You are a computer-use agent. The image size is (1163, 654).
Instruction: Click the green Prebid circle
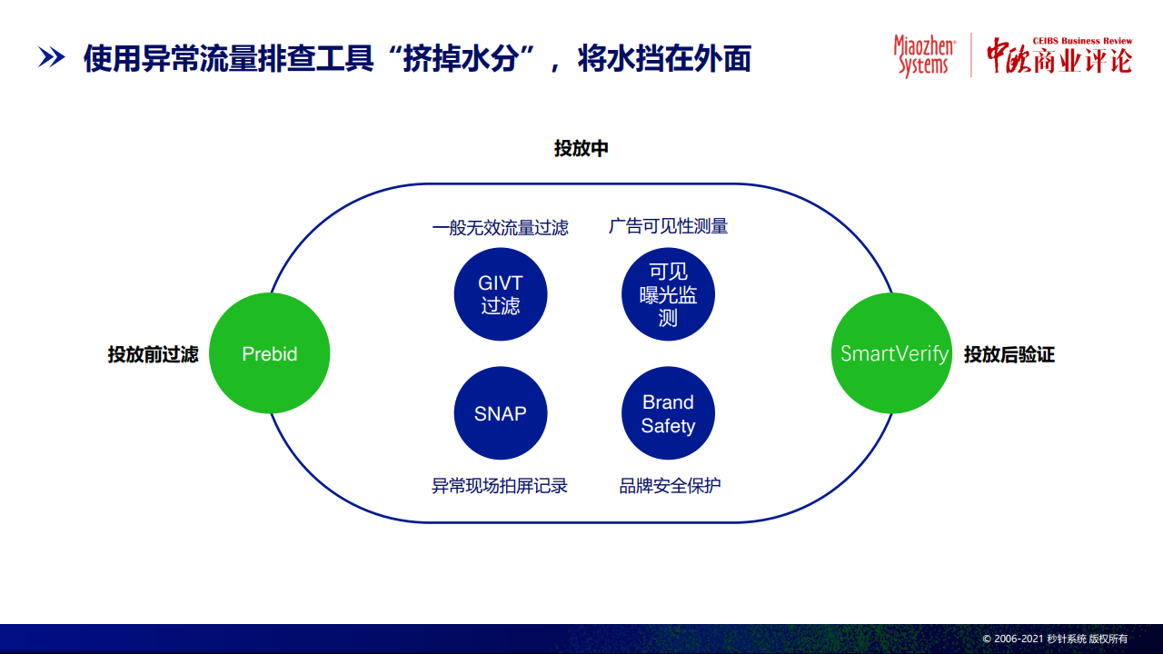(x=270, y=353)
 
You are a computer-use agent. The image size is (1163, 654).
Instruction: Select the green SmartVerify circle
(x=892, y=353)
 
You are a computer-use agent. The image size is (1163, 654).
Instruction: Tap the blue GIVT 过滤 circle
(x=501, y=294)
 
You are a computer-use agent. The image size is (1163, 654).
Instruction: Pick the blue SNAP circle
(x=501, y=413)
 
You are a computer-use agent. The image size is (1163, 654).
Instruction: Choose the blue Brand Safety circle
(x=668, y=413)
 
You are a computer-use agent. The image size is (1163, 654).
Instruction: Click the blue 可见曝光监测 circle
(x=668, y=294)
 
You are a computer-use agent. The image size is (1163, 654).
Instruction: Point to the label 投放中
(x=581, y=148)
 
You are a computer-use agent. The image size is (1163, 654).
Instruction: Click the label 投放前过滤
(x=154, y=354)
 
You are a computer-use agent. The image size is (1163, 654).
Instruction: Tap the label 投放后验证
(x=1009, y=354)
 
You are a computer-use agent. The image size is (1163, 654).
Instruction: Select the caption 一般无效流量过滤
(x=501, y=227)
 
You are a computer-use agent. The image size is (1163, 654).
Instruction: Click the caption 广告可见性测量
(x=668, y=226)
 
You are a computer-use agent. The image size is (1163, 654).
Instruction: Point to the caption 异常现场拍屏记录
(x=500, y=486)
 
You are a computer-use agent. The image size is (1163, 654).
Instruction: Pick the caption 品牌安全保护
(x=670, y=486)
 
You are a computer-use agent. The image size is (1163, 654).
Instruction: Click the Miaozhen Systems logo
(x=925, y=55)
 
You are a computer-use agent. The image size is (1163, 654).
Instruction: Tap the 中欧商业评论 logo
(x=1059, y=56)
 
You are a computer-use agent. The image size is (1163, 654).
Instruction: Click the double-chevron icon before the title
(x=52, y=57)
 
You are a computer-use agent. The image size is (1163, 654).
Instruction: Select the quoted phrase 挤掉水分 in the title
(x=461, y=58)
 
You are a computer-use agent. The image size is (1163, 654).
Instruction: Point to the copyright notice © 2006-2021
(x=1055, y=639)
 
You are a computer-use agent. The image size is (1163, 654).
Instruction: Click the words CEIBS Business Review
(x=1082, y=41)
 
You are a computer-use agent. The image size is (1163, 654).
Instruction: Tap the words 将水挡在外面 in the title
(x=664, y=58)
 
